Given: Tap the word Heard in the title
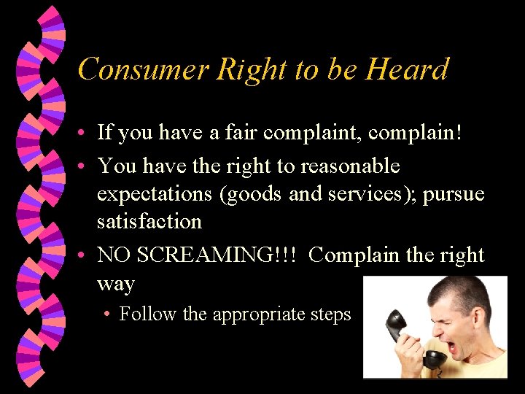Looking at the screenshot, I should coord(407,70).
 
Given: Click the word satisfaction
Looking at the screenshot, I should coord(149,221).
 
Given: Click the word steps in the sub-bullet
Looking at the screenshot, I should coord(332,314).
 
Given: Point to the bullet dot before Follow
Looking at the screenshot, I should coord(106,314).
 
